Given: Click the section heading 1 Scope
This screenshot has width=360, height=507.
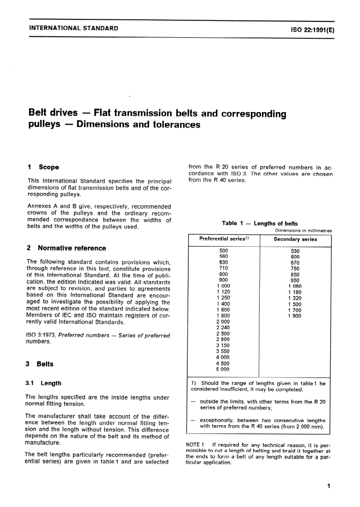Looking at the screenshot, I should pos(44,167).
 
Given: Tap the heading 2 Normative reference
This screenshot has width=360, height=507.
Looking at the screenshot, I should pos(67,248).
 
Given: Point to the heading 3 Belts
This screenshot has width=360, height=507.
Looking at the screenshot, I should pos(40,364).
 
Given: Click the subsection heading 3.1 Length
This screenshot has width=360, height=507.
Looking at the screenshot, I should pos(44,383).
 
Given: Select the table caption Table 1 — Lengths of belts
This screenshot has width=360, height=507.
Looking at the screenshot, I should pos(260,223).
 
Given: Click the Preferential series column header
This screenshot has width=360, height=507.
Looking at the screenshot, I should pos(224,239).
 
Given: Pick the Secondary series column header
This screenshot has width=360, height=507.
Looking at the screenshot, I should pos(295,239).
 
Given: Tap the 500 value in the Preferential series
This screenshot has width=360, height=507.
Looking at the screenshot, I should pos(224,250).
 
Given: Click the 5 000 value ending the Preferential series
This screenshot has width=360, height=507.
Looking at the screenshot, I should pos(223,369).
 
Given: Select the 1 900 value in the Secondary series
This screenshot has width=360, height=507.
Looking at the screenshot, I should pos(295,316).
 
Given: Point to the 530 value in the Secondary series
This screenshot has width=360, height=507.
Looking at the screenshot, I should pos(295,251).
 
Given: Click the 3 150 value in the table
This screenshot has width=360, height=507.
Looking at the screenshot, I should pos(223,345).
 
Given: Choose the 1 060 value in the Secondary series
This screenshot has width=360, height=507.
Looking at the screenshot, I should pos(295,286).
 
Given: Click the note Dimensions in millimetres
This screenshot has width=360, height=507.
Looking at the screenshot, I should pos(303,230).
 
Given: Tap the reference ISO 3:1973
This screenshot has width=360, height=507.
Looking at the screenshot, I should pos(41,335).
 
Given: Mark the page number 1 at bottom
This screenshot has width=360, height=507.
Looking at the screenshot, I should pos(329,486).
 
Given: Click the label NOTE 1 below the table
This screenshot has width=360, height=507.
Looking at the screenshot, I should pos(195,444).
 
